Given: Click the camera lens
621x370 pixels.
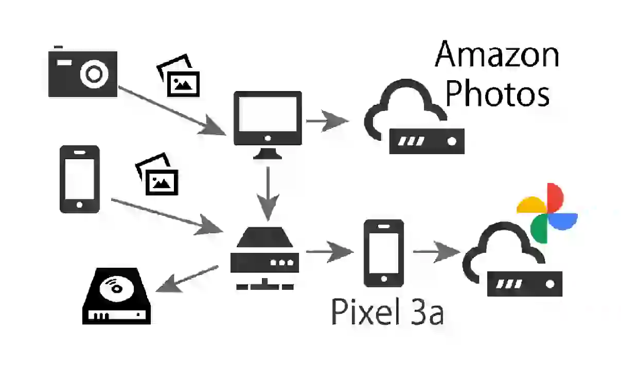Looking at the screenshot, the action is tap(94, 74).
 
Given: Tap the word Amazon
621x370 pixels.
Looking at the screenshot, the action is tap(497, 54).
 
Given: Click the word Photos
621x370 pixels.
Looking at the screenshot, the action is tap(497, 93).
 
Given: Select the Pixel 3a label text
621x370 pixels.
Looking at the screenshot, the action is tap(387, 311).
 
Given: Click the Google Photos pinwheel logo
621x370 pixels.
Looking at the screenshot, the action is tap(547, 213).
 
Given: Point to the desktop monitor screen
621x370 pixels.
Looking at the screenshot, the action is tap(268, 114).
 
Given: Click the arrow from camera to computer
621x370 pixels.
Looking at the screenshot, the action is tap(172, 111).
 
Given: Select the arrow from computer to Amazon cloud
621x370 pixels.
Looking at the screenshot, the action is tap(327, 121).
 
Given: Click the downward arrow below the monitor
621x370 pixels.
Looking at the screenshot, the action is tap(268, 194).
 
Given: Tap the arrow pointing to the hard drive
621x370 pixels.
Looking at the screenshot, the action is tap(187, 279).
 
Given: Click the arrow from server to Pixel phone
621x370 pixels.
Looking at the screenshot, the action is tap(330, 252).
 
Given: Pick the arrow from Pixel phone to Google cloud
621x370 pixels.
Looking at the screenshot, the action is tap(437, 252).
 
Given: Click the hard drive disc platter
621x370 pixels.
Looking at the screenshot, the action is tap(117, 288).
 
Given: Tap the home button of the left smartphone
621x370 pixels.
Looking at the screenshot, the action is tap(79, 205).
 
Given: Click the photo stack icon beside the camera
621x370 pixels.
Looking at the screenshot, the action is tap(178, 76).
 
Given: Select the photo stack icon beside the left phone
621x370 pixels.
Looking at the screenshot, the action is tap(157, 174).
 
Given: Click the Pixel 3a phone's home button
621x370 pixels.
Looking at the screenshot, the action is tap(384, 279).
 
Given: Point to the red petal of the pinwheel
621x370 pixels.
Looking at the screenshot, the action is tap(555, 197).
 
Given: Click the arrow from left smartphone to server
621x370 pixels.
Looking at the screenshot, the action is tap(167, 216).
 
